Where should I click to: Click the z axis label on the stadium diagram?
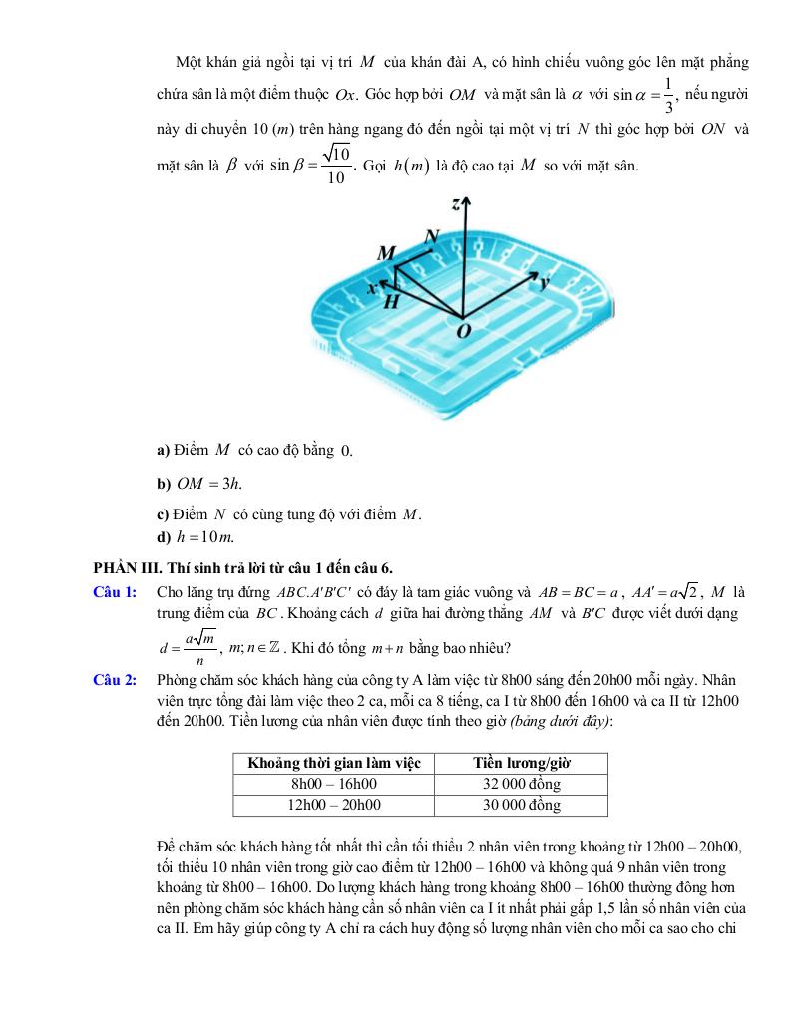[456, 204]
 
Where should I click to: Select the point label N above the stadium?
[432, 237]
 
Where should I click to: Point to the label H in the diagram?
[392, 301]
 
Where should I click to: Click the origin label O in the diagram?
[462, 331]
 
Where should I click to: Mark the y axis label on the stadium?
[545, 283]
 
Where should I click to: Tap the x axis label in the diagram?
[371, 288]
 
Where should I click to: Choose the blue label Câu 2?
[115, 680]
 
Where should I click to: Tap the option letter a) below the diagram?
[163, 450]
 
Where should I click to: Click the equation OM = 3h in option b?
[208, 484]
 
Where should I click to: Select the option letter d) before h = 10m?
[164, 538]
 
